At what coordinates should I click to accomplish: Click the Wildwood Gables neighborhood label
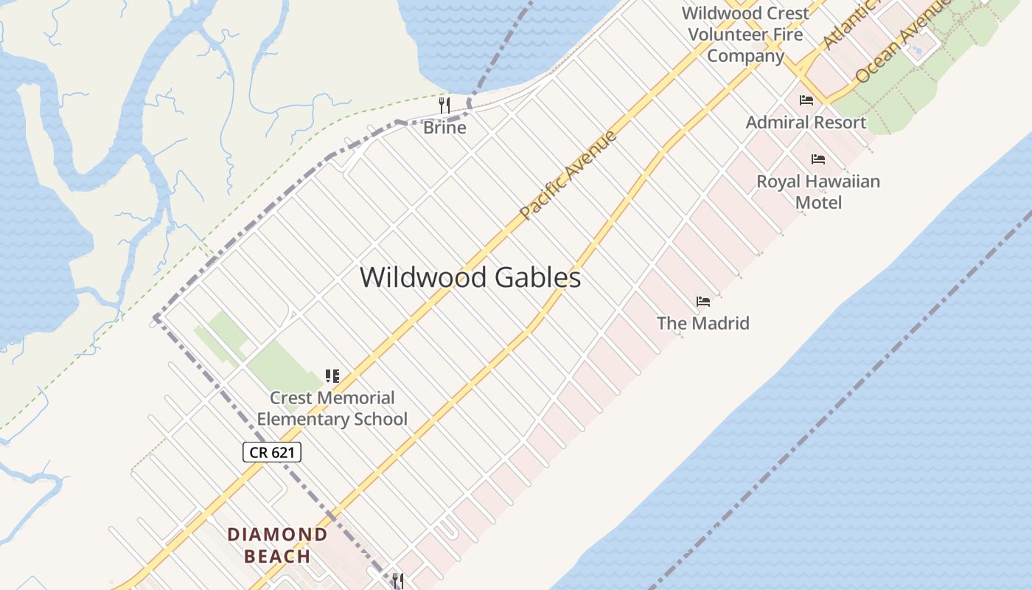(470, 277)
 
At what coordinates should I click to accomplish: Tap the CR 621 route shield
(272, 452)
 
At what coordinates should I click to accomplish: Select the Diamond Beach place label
(277, 545)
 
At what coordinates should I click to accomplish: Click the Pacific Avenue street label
(568, 176)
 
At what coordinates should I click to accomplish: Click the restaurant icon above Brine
(444, 105)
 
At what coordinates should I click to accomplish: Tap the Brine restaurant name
(444, 128)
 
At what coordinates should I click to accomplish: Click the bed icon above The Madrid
(702, 302)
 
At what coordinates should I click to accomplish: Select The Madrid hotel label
(702, 323)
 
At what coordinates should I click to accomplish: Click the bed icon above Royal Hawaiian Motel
(817, 159)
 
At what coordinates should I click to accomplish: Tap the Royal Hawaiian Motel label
(818, 191)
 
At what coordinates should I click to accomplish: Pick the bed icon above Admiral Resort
(806, 100)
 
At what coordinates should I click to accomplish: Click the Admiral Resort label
(806, 122)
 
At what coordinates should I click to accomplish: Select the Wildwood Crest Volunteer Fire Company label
(745, 34)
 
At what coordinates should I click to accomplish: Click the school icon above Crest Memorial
(332, 376)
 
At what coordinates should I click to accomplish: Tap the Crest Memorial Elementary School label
(332, 409)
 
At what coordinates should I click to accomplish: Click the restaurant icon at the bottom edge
(398, 581)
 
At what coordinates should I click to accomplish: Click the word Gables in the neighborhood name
(537, 277)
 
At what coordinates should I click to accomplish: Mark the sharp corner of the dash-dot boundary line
(156, 318)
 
